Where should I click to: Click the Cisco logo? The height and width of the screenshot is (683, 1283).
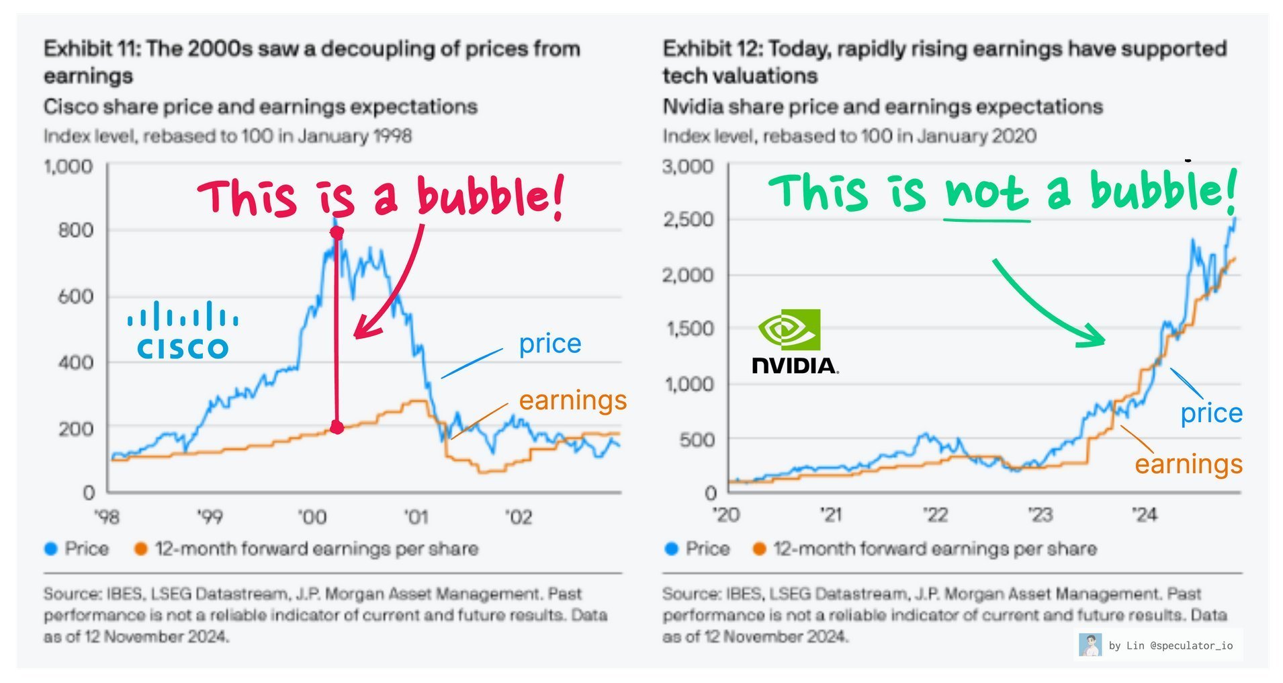click(183, 330)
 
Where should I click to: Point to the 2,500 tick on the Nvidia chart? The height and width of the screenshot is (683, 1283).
click(688, 219)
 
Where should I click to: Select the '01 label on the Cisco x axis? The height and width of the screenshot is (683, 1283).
click(416, 516)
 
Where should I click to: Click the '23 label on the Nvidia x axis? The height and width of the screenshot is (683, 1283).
click(1040, 514)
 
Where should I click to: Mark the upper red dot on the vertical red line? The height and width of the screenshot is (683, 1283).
click(337, 233)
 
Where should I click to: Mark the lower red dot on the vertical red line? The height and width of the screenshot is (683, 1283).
click(337, 427)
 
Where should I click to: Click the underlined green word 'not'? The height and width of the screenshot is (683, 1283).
click(986, 193)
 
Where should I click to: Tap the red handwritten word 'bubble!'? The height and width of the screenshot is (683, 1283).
click(490, 196)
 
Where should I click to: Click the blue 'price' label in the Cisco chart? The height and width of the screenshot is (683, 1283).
click(549, 344)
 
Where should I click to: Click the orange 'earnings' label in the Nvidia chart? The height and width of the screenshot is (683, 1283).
click(1188, 464)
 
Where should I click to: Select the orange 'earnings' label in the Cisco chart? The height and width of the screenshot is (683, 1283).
click(572, 401)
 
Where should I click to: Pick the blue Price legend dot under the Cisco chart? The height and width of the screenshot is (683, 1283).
click(50, 549)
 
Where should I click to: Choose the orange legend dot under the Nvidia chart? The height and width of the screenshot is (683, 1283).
click(759, 549)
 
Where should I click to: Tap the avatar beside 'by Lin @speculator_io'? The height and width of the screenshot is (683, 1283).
click(1090, 645)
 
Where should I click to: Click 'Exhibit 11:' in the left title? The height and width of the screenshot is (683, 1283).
click(91, 49)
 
